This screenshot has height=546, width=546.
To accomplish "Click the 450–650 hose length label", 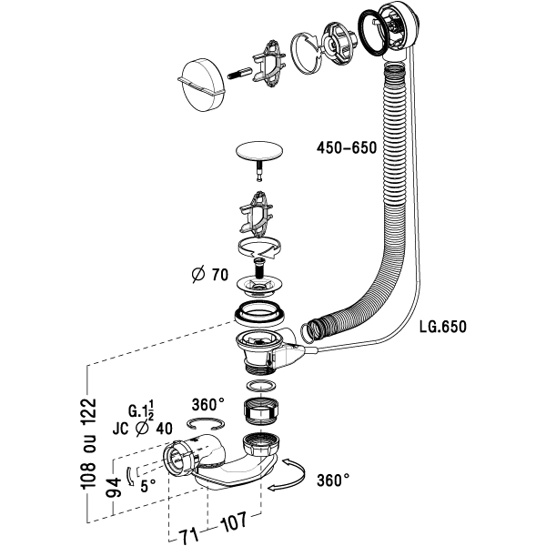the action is (x=347, y=148).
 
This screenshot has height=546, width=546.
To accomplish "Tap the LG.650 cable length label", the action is (x=442, y=327).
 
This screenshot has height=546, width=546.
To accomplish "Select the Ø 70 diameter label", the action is (x=210, y=275).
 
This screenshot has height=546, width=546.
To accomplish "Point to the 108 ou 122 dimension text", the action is (x=87, y=444).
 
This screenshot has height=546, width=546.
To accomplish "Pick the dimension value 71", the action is (x=188, y=535).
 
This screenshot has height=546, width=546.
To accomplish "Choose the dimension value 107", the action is (x=233, y=521).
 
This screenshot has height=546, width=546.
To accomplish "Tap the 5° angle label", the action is (x=148, y=486).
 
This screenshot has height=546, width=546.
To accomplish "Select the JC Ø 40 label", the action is (x=143, y=429).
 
